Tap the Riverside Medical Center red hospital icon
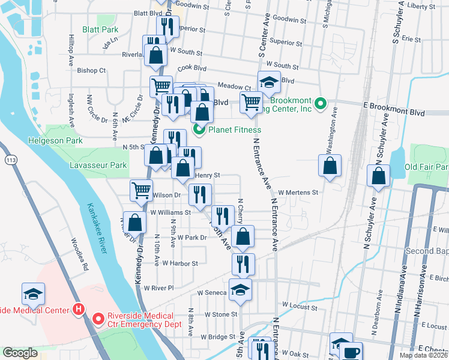[x=77, y=310]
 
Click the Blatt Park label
[x=100, y=29]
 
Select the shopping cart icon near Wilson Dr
[x=142, y=191]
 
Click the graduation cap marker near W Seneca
[x=240, y=290]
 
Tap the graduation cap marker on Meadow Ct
[x=269, y=83]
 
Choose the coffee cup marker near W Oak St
[x=352, y=352]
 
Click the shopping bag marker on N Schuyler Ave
[x=378, y=176]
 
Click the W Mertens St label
[x=297, y=192]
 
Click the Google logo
[x=20, y=353]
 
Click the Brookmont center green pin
[x=320, y=104]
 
